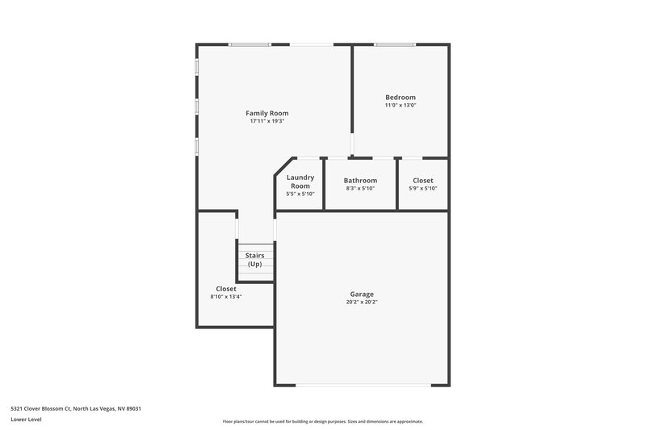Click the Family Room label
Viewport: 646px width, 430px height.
coord(266,113)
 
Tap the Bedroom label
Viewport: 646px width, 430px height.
coord(400,98)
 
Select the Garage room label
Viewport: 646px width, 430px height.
coord(362,294)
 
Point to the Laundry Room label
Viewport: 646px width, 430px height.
coord(300,182)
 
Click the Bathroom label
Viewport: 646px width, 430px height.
coord(360,181)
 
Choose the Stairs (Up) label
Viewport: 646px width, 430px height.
coord(255,260)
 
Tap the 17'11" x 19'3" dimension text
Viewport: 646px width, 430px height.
coord(266,121)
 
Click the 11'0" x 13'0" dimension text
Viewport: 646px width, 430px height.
coord(400,106)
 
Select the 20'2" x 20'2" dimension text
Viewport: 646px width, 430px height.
coord(362,302)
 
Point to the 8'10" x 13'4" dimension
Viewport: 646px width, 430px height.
coord(226,296)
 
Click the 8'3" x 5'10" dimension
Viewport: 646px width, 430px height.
coord(360,189)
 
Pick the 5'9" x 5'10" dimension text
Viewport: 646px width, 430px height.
coord(423,189)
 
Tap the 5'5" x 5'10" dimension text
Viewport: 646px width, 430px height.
coord(300,194)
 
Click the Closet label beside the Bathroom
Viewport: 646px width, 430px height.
coord(423,181)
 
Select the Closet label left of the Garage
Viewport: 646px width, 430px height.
coord(226,288)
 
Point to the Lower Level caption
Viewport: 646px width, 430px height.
coord(27,420)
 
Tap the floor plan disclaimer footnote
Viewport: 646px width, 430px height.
coord(322,421)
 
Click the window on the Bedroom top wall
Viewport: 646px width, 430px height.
coord(396,44)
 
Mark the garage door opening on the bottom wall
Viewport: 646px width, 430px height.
coord(362,385)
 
